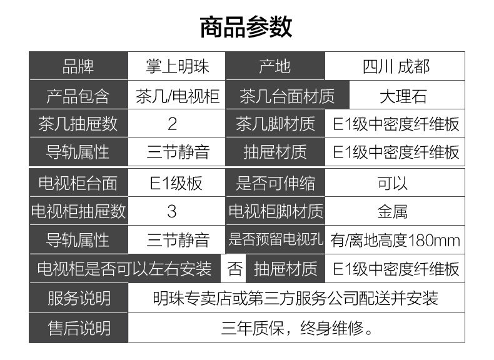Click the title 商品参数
[x=246, y=27]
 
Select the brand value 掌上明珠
[x=176, y=66]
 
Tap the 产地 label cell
[x=275, y=66]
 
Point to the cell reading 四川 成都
[x=395, y=66]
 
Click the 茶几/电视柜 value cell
[x=177, y=96]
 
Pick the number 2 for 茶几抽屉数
[x=172, y=124]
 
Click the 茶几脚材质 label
[x=275, y=124]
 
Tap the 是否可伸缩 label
[x=275, y=183]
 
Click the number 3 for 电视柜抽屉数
[x=172, y=211]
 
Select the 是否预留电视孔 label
[x=275, y=240]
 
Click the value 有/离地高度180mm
[x=395, y=240]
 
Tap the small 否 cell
[x=234, y=269]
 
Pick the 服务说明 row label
[x=79, y=298]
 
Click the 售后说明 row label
[x=79, y=327]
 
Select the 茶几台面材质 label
[x=287, y=96]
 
